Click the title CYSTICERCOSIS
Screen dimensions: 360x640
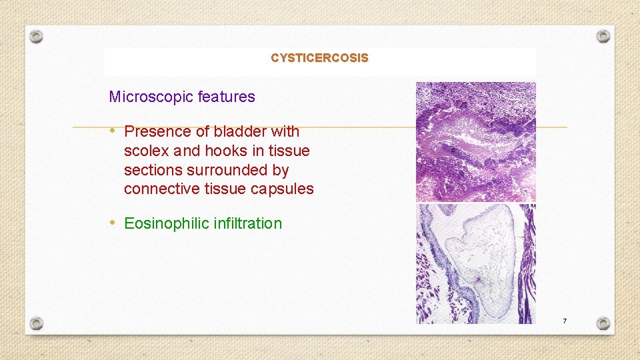319,58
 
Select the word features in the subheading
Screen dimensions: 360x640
227,97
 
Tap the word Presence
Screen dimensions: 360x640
155,131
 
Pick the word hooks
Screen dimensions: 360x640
227,151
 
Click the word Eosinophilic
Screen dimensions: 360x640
167,223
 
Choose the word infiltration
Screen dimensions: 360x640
248,223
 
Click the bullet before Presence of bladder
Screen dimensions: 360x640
114,131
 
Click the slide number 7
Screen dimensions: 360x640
564,321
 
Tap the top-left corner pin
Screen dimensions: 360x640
37,36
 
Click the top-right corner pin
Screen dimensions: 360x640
603,36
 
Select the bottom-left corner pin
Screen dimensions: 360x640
37,323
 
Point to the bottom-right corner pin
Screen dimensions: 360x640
603,323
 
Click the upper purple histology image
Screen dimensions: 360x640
475,141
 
